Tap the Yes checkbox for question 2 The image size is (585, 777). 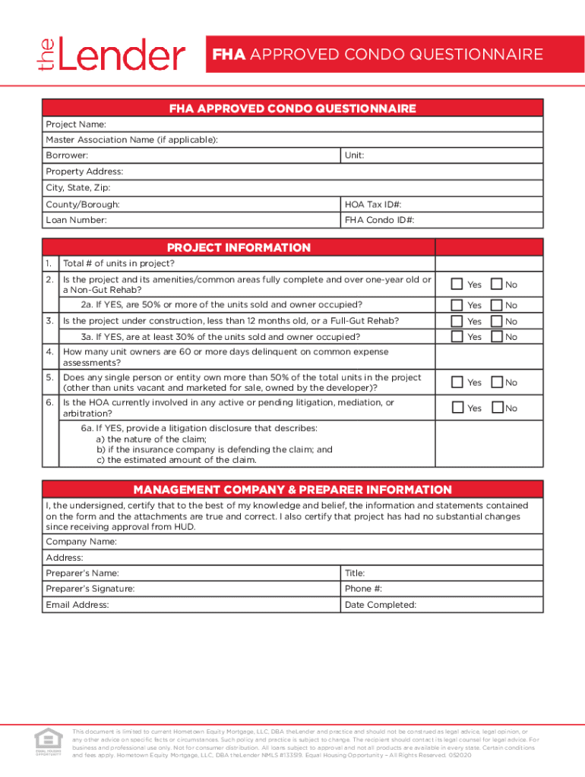tap(457, 285)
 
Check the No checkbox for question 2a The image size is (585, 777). tap(497, 305)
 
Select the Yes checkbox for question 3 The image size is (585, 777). tap(457, 321)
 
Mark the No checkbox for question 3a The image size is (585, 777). tap(497, 336)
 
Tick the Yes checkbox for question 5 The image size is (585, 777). tap(457, 382)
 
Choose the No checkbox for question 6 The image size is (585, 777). tap(497, 408)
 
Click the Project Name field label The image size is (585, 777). tap(75, 124)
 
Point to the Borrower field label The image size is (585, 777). tap(67, 156)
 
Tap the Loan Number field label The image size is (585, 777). tap(76, 221)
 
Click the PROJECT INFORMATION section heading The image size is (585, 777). tap(239, 247)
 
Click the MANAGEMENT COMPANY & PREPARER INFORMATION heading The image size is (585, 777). tap(292, 489)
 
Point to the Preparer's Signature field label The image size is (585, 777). tap(90, 589)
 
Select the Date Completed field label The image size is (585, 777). tap(380, 605)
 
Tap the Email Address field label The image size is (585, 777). tap(77, 605)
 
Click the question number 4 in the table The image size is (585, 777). tap(49, 352)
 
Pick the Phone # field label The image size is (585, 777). tap(363, 589)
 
